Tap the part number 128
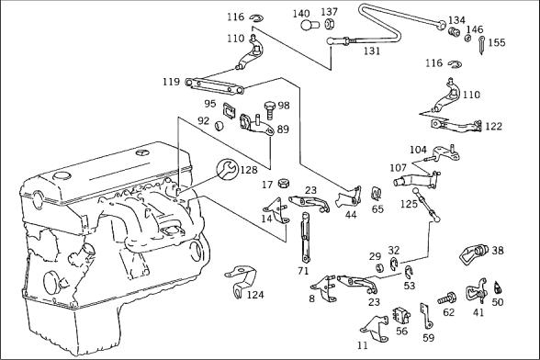249,170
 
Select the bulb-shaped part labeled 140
309,25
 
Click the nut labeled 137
329,24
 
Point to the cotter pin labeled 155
482,46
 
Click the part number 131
372,51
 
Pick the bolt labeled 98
270,109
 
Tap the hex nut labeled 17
283,183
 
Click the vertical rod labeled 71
306,238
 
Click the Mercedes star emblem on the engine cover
141,152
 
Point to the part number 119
172,82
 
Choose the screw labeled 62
447,298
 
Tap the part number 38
498,251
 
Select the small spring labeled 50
497,287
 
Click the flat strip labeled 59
426,316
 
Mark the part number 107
399,168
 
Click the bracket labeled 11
374,329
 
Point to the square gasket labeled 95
229,110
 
